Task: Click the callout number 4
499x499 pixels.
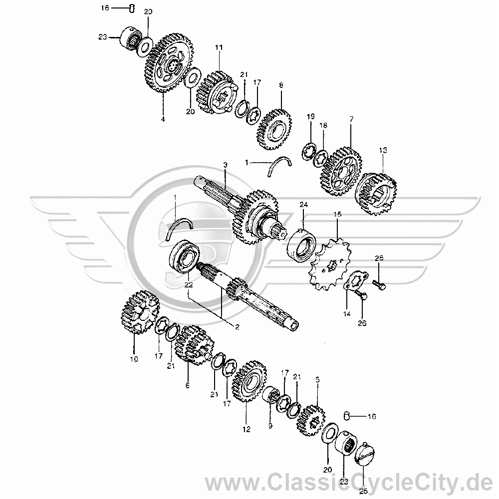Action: (163, 119)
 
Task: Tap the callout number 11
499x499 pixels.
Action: (219, 48)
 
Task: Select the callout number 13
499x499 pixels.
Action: (383, 150)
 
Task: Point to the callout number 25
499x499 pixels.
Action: (363, 492)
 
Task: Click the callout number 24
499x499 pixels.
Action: (303, 205)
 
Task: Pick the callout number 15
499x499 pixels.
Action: (337, 214)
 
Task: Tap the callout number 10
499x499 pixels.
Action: (134, 359)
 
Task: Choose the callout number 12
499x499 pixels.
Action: (247, 429)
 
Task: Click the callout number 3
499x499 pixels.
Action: (226, 165)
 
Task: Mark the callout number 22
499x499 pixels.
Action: (189, 285)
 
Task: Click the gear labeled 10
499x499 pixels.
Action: (140, 311)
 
